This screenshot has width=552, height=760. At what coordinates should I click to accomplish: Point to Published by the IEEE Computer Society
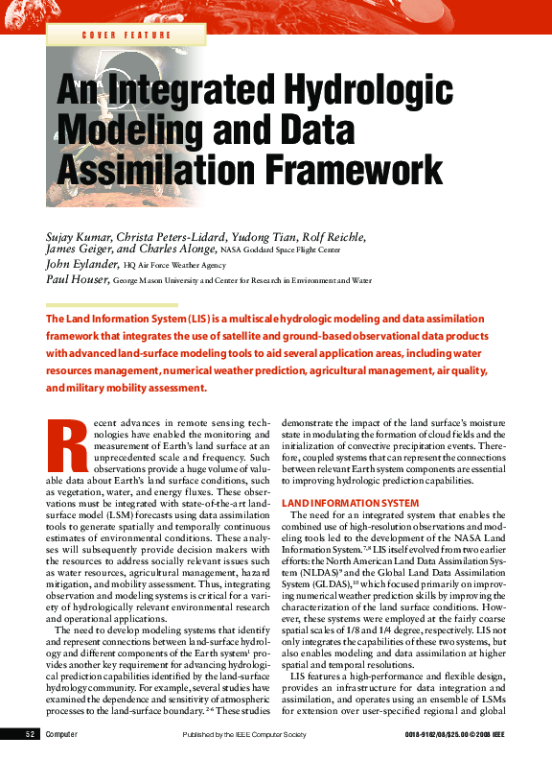coord(243,734)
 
